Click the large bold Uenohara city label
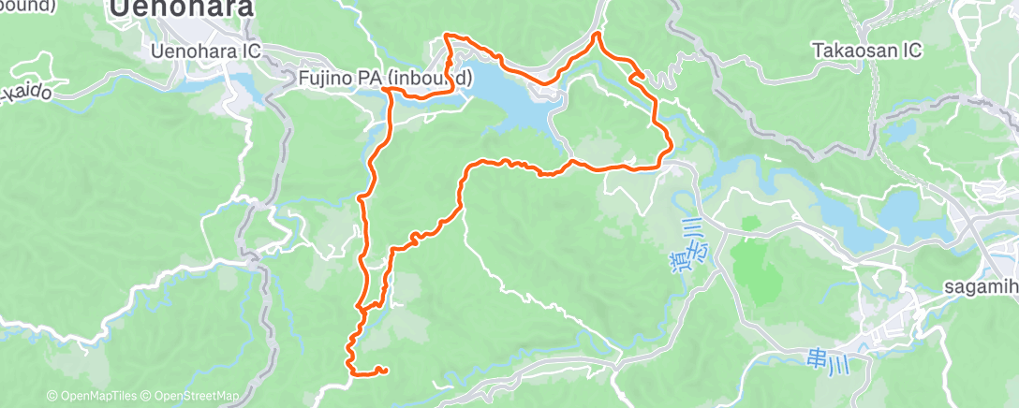coord(181,9)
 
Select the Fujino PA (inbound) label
coord(386,76)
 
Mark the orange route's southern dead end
coord(385,372)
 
